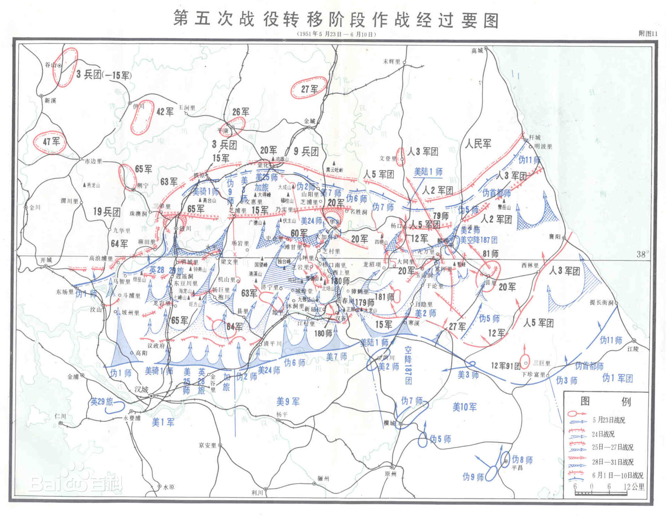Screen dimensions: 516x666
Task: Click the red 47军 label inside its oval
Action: (51, 142)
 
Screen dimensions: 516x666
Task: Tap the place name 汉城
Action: (141, 389)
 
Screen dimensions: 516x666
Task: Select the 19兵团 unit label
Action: (106, 212)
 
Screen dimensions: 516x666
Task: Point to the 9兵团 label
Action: (306, 151)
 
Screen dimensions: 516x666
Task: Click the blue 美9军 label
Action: (288, 402)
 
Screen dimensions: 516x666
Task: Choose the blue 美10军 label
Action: (464, 407)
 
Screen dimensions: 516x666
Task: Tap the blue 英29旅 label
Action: (102, 402)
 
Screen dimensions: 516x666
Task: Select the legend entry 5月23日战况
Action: (608, 420)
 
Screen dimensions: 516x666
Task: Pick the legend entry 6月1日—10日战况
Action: (617, 475)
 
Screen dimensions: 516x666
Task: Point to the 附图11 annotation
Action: (648, 34)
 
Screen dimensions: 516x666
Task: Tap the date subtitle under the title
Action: (336, 34)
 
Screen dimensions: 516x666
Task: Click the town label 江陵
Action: (633, 349)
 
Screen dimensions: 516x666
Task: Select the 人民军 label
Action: (478, 144)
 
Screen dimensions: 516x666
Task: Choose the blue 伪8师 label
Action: (522, 460)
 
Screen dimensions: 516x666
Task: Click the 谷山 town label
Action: (51, 65)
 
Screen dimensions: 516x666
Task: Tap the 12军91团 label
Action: (505, 365)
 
